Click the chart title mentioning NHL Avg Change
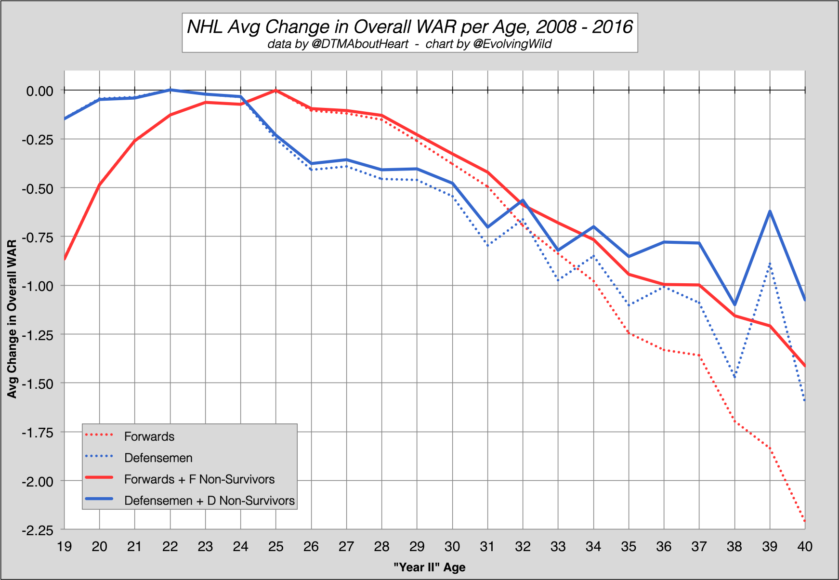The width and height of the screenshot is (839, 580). [x=409, y=26]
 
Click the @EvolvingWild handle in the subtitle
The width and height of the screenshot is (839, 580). [x=512, y=44]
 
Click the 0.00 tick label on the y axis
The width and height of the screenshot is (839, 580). [x=39, y=91]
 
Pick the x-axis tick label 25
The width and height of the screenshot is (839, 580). [x=275, y=546]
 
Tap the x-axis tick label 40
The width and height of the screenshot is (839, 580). [x=805, y=546]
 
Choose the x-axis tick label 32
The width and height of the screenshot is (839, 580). [x=523, y=546]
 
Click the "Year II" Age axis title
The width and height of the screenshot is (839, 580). [x=430, y=567]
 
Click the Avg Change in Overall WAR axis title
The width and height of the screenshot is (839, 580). [x=12, y=319]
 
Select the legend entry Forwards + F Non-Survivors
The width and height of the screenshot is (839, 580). [x=199, y=479]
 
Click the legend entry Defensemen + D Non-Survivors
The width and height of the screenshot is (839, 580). [x=209, y=501]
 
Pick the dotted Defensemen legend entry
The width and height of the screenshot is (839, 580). [x=158, y=458]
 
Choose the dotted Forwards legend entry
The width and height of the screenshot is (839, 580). [x=149, y=436]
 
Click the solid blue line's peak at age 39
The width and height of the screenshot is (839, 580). [x=770, y=211]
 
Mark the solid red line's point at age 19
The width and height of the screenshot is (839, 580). [x=65, y=259]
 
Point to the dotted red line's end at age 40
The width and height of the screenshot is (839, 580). [x=804, y=521]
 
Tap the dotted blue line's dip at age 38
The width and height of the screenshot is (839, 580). [x=734, y=377]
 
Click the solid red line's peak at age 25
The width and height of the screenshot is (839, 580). [x=275, y=90]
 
